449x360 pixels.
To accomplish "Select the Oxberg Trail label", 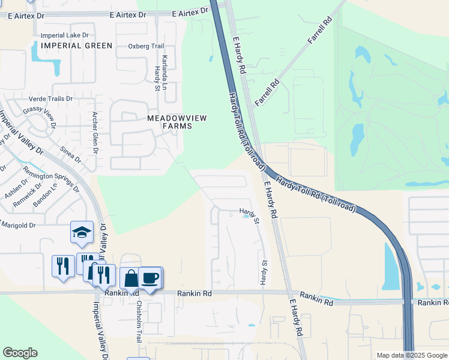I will tap(146, 46).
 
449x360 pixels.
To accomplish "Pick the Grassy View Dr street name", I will tap(39, 116).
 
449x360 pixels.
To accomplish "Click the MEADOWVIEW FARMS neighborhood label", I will tap(177, 122).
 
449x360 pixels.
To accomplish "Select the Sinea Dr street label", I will tap(70, 154).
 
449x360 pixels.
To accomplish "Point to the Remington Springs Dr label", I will tap(51, 178).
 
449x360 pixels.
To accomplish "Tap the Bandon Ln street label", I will tap(46, 195).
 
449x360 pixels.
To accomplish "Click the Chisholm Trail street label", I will tap(137, 321).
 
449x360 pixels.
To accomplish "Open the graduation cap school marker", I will tap(82, 232).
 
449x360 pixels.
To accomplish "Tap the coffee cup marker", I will tap(150, 278).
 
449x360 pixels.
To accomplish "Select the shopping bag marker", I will tap(131, 279).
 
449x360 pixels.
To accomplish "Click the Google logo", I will tap(20, 353).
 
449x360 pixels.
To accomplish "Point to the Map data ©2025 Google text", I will tap(411, 355).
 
